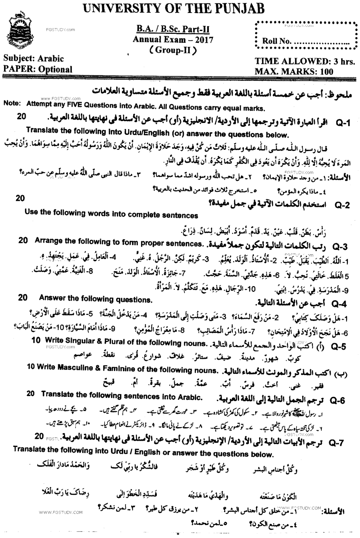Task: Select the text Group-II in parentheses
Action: click(173, 50)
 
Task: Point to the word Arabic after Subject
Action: click(50, 59)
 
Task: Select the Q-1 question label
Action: click(343, 123)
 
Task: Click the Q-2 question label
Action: click(342, 205)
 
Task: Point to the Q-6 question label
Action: click(338, 400)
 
